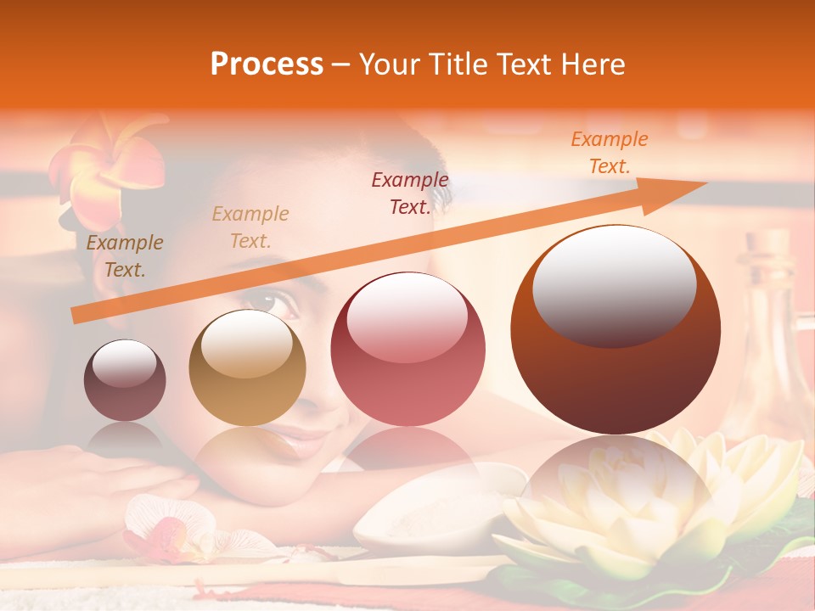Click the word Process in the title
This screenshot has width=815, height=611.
tap(267, 64)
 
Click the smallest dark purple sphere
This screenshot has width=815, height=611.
tap(125, 380)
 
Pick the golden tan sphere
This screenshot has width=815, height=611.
tap(247, 367)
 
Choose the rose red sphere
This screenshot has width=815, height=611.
tap(407, 349)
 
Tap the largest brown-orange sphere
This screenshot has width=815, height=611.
tap(615, 329)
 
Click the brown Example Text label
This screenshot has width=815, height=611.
tap(125, 256)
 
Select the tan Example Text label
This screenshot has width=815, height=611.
tap(250, 227)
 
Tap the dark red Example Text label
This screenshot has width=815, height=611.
tap(410, 193)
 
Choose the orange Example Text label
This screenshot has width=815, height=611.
tap(609, 153)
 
